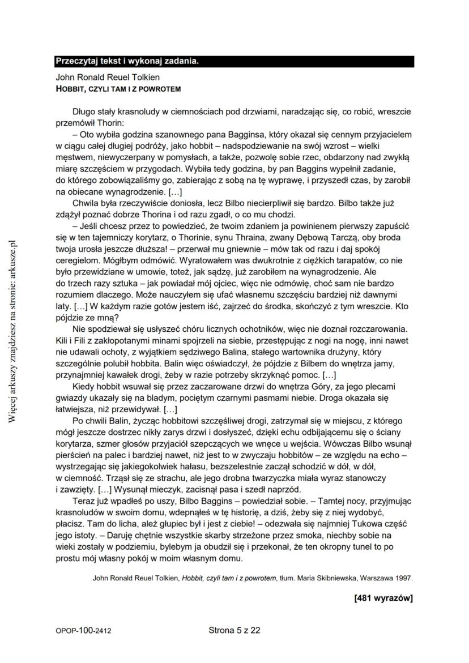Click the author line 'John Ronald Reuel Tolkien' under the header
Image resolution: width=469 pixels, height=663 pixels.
(108, 77)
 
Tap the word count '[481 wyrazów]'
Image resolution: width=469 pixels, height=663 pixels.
(383, 598)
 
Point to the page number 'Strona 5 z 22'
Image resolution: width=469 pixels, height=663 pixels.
(234, 630)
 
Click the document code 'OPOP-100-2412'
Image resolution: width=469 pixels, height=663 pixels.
(83, 630)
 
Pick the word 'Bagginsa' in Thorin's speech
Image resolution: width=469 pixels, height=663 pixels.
(245, 135)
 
